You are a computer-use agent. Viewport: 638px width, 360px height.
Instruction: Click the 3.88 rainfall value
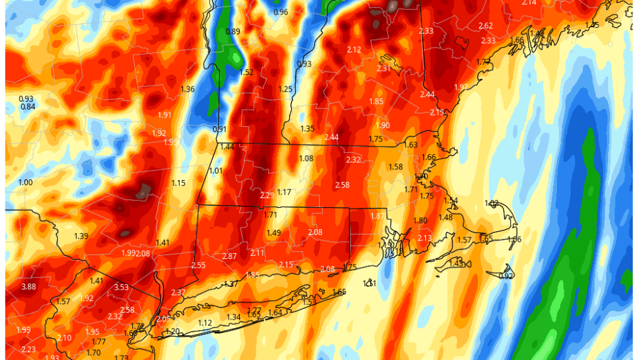(x=29, y=286)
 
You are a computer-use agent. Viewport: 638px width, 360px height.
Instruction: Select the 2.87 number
(x=229, y=256)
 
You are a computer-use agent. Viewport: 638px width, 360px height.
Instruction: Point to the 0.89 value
(x=233, y=31)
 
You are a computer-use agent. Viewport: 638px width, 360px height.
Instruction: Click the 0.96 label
(x=280, y=12)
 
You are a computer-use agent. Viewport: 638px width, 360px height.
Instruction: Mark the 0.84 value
(x=27, y=107)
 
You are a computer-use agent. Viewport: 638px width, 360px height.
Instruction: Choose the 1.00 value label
(x=25, y=183)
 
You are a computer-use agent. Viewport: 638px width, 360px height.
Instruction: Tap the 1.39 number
(x=81, y=236)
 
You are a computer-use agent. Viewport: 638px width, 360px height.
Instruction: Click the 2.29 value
(x=267, y=195)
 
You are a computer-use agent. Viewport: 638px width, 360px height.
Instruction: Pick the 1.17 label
(x=284, y=192)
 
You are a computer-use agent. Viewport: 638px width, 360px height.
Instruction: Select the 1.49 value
(x=274, y=232)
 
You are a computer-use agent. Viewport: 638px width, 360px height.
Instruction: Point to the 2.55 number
(x=198, y=265)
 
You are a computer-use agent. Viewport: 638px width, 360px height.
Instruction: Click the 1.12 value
(x=205, y=323)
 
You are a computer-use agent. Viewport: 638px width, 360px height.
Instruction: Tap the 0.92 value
(x=506, y=276)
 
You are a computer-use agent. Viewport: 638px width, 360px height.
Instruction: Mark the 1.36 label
(x=187, y=89)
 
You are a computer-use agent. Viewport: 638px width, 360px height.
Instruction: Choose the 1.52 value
(x=247, y=72)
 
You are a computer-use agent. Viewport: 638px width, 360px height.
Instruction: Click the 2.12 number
(x=354, y=50)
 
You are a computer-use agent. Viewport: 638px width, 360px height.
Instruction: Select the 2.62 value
(x=485, y=26)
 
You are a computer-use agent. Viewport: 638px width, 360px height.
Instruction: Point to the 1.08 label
(x=306, y=158)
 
